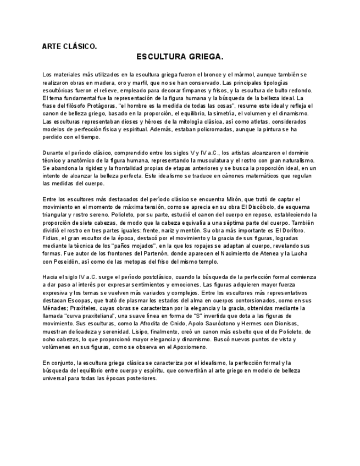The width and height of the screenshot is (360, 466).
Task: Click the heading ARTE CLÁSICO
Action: (x=69, y=47)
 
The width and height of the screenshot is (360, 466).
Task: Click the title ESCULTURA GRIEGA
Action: (x=180, y=57)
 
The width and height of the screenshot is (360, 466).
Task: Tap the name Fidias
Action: (x=51, y=238)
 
